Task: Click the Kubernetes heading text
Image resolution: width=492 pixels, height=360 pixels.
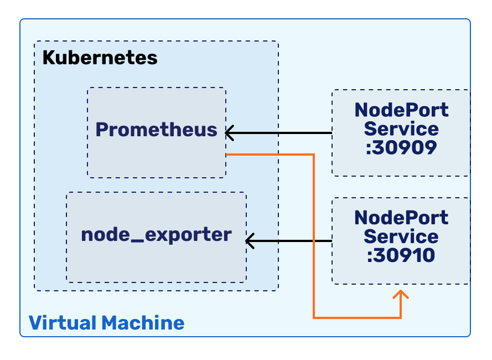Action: pyautogui.click(x=100, y=58)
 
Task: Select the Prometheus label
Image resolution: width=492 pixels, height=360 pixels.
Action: pyautogui.click(x=156, y=130)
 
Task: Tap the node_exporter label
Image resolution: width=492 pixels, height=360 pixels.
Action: pyautogui.click(x=156, y=234)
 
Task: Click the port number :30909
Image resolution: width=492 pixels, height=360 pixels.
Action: pyautogui.click(x=401, y=147)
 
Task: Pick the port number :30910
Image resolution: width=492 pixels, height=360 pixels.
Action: pyautogui.click(x=401, y=255)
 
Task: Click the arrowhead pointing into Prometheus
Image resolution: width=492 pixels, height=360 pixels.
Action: pyautogui.click(x=229, y=133)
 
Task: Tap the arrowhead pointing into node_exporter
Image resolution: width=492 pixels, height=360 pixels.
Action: pyautogui.click(x=249, y=241)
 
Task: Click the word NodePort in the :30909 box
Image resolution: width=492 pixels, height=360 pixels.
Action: pyautogui.click(x=401, y=110)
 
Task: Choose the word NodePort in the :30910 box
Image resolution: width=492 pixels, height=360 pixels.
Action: pyautogui.click(x=401, y=217)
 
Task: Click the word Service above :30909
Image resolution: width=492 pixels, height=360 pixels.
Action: pyautogui.click(x=401, y=128)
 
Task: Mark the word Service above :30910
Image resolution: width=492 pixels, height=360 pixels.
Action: pyautogui.click(x=401, y=236)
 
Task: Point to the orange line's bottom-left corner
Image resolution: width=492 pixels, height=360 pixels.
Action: pyautogui.click(x=314, y=318)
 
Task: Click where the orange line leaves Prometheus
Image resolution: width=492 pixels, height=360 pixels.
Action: pyautogui.click(x=228, y=154)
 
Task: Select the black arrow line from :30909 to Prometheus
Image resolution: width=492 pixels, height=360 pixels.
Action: pyautogui.click(x=282, y=133)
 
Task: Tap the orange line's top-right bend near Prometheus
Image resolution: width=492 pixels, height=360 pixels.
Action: pyautogui.click(x=314, y=154)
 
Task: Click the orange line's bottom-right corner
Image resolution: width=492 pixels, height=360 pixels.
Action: pyautogui.click(x=401, y=318)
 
